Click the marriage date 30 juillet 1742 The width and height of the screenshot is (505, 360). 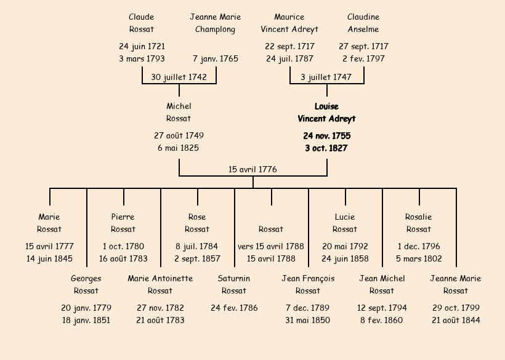(179, 77)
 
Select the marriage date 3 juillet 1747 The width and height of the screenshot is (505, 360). (326, 77)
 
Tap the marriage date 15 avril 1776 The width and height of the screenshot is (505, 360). (252, 169)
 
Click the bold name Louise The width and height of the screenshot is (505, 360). (326, 106)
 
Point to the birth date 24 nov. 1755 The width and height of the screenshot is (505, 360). (326, 135)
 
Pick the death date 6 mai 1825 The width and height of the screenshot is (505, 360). (179, 148)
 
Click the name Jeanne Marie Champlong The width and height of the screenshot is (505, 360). (216, 23)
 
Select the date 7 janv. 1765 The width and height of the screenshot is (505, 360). (216, 59)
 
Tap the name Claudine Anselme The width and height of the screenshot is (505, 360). (363, 23)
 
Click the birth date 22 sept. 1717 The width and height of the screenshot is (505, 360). (289, 47)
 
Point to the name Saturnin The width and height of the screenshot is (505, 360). (234, 279)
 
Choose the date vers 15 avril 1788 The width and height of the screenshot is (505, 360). (271, 246)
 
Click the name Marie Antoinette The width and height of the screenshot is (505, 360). (160, 279)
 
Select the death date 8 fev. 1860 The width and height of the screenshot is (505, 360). (382, 320)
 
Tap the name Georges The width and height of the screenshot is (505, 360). (86, 279)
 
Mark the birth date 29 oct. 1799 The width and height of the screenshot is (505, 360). (456, 308)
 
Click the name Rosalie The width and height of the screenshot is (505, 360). (419, 217)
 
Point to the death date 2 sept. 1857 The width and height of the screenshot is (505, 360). (197, 258)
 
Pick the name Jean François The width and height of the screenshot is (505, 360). (308, 279)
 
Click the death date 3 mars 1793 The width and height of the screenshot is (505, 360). (142, 59)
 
